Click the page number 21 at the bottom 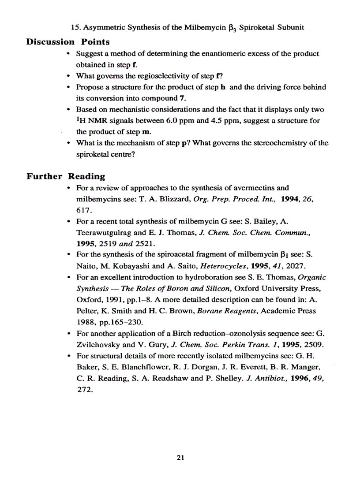(x=180, y=458)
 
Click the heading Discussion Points (x=68, y=42)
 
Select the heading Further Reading (x=66, y=176)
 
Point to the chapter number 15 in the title (x=75, y=27)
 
